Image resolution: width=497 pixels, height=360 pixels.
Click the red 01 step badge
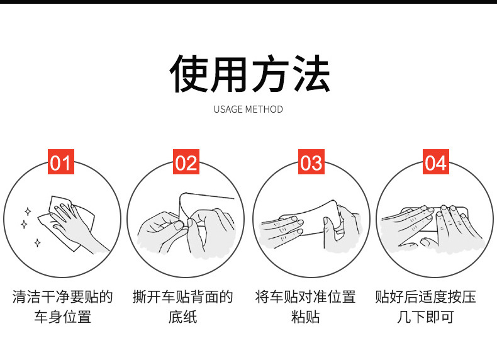point(61,163)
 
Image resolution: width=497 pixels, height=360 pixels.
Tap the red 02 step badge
point(186,163)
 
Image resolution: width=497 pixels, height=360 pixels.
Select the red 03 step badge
point(311,163)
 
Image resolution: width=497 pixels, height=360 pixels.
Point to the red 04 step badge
point(435,163)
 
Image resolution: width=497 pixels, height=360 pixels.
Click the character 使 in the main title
point(189,74)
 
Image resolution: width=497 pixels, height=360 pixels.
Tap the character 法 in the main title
point(309,74)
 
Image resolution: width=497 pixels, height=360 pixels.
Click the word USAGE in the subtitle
point(228,110)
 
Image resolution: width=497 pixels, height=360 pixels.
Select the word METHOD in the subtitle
point(264,110)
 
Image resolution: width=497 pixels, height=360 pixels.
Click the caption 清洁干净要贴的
point(62,296)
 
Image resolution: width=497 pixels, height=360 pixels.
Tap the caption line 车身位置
point(62,317)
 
